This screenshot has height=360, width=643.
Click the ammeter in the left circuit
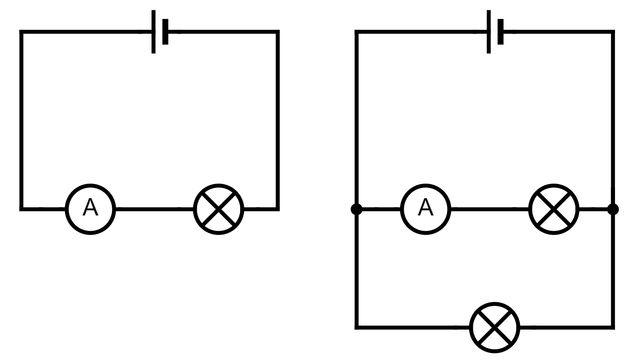coord(90,209)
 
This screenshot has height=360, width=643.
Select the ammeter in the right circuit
coord(425,209)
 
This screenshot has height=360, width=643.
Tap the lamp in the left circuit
coord(219,209)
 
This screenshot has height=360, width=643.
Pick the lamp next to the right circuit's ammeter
coord(553,209)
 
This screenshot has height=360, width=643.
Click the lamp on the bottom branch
coord(494,327)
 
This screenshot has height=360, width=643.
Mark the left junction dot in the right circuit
coord(357,209)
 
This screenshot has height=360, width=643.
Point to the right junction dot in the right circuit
coord(613,209)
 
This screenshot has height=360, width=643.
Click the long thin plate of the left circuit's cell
coord(153,32)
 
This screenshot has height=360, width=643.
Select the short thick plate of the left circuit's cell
coord(165,32)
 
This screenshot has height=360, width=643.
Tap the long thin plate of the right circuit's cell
coord(489,32)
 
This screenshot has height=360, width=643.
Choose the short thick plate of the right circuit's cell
coord(500,32)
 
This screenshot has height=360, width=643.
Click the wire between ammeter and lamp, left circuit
coord(154,209)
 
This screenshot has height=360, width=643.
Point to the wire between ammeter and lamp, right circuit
coord(489,209)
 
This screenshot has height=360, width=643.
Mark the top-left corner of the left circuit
coord(21,32)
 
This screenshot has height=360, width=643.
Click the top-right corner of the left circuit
coord(277,32)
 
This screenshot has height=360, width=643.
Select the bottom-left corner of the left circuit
coord(21,209)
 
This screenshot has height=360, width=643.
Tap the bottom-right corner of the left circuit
coord(277,209)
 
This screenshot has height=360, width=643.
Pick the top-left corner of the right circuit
coord(357,32)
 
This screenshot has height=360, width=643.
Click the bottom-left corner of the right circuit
coord(357,327)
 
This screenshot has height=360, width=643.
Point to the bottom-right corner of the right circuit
coord(613,327)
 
